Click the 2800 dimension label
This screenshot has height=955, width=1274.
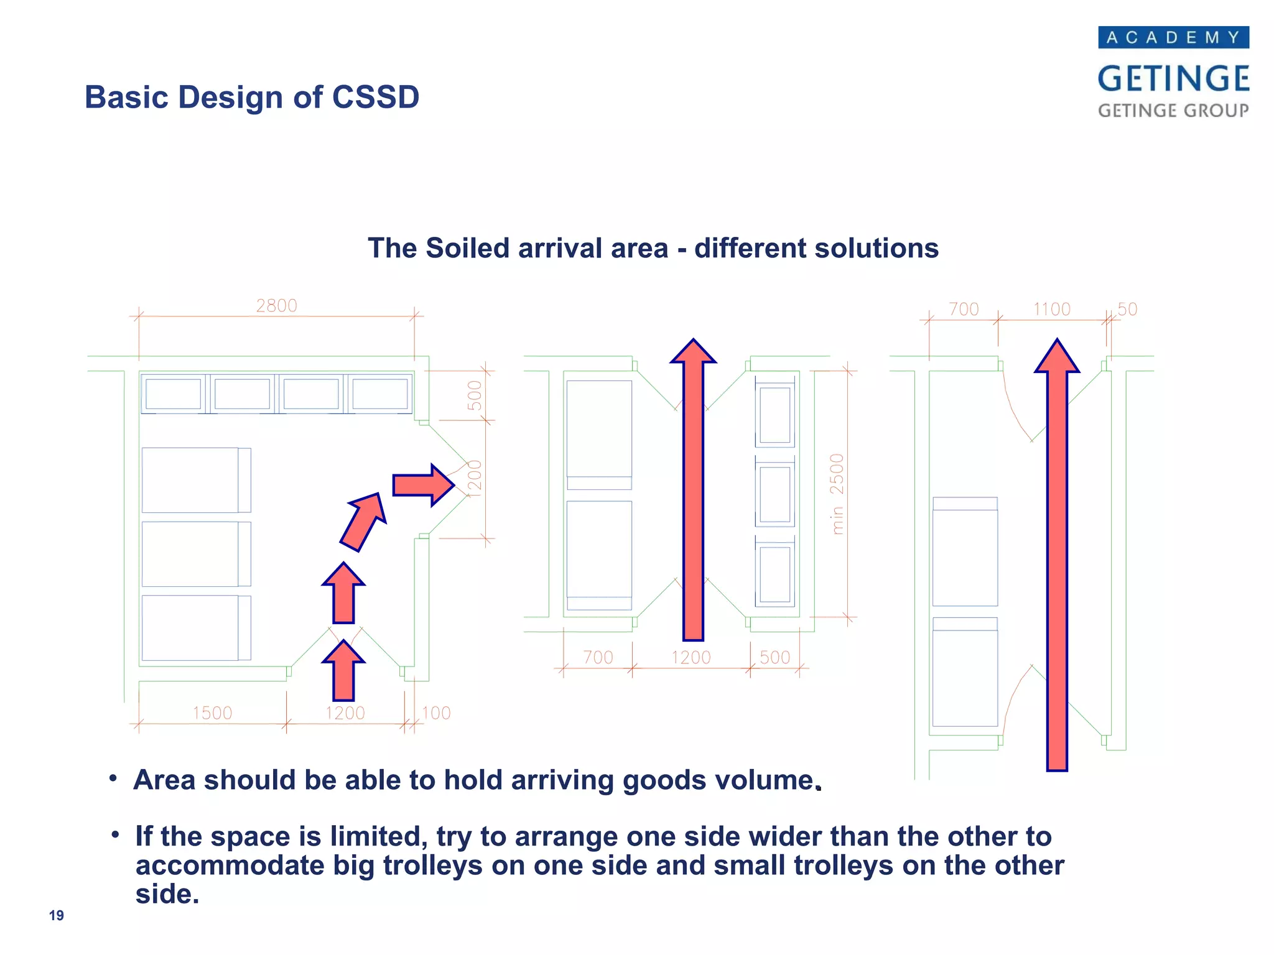(276, 306)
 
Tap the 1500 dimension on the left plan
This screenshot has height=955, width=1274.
(212, 713)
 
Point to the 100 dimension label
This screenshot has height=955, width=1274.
(436, 713)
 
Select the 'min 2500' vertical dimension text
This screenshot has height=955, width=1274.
(837, 494)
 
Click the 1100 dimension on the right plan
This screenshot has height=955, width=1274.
(1051, 309)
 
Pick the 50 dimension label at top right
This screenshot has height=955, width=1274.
(1127, 309)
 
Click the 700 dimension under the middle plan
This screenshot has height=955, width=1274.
(598, 657)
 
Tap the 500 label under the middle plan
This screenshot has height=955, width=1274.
(774, 657)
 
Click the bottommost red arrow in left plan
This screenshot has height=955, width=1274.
(343, 671)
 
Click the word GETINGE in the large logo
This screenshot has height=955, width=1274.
(1173, 79)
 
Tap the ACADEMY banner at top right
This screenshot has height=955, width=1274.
(1173, 37)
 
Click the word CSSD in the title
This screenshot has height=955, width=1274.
(375, 97)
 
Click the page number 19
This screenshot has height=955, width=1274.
(56, 915)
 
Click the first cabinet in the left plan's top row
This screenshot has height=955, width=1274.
(173, 394)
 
